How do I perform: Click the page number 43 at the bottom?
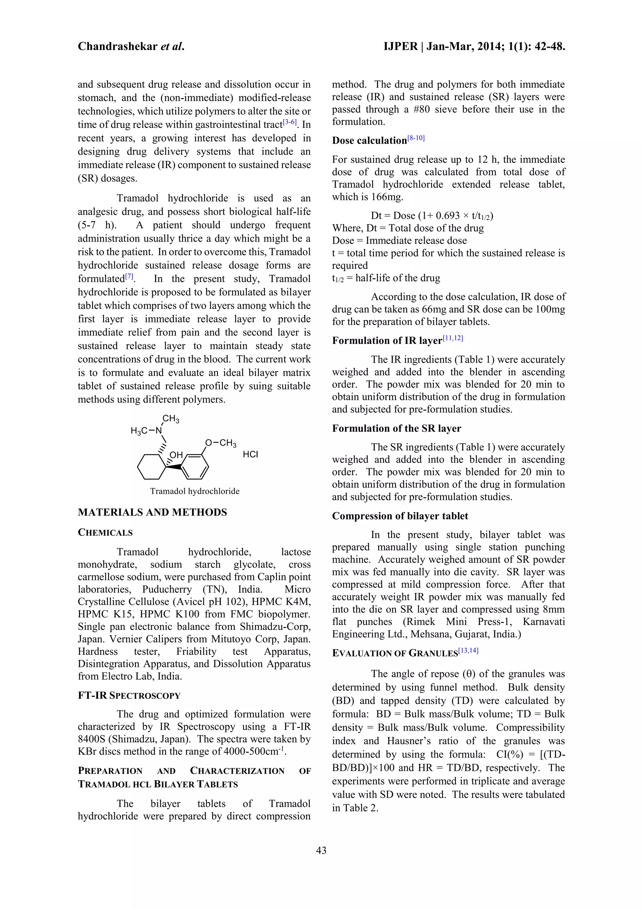321,850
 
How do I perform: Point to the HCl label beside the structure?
250,455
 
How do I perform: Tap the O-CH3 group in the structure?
220,443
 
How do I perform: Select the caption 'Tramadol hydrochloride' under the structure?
194,491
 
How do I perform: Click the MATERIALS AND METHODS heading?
153,512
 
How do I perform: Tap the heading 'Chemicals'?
105,532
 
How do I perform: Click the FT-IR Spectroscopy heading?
129,696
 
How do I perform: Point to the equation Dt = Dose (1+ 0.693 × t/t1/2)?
432,216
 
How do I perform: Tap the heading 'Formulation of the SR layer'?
396,428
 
